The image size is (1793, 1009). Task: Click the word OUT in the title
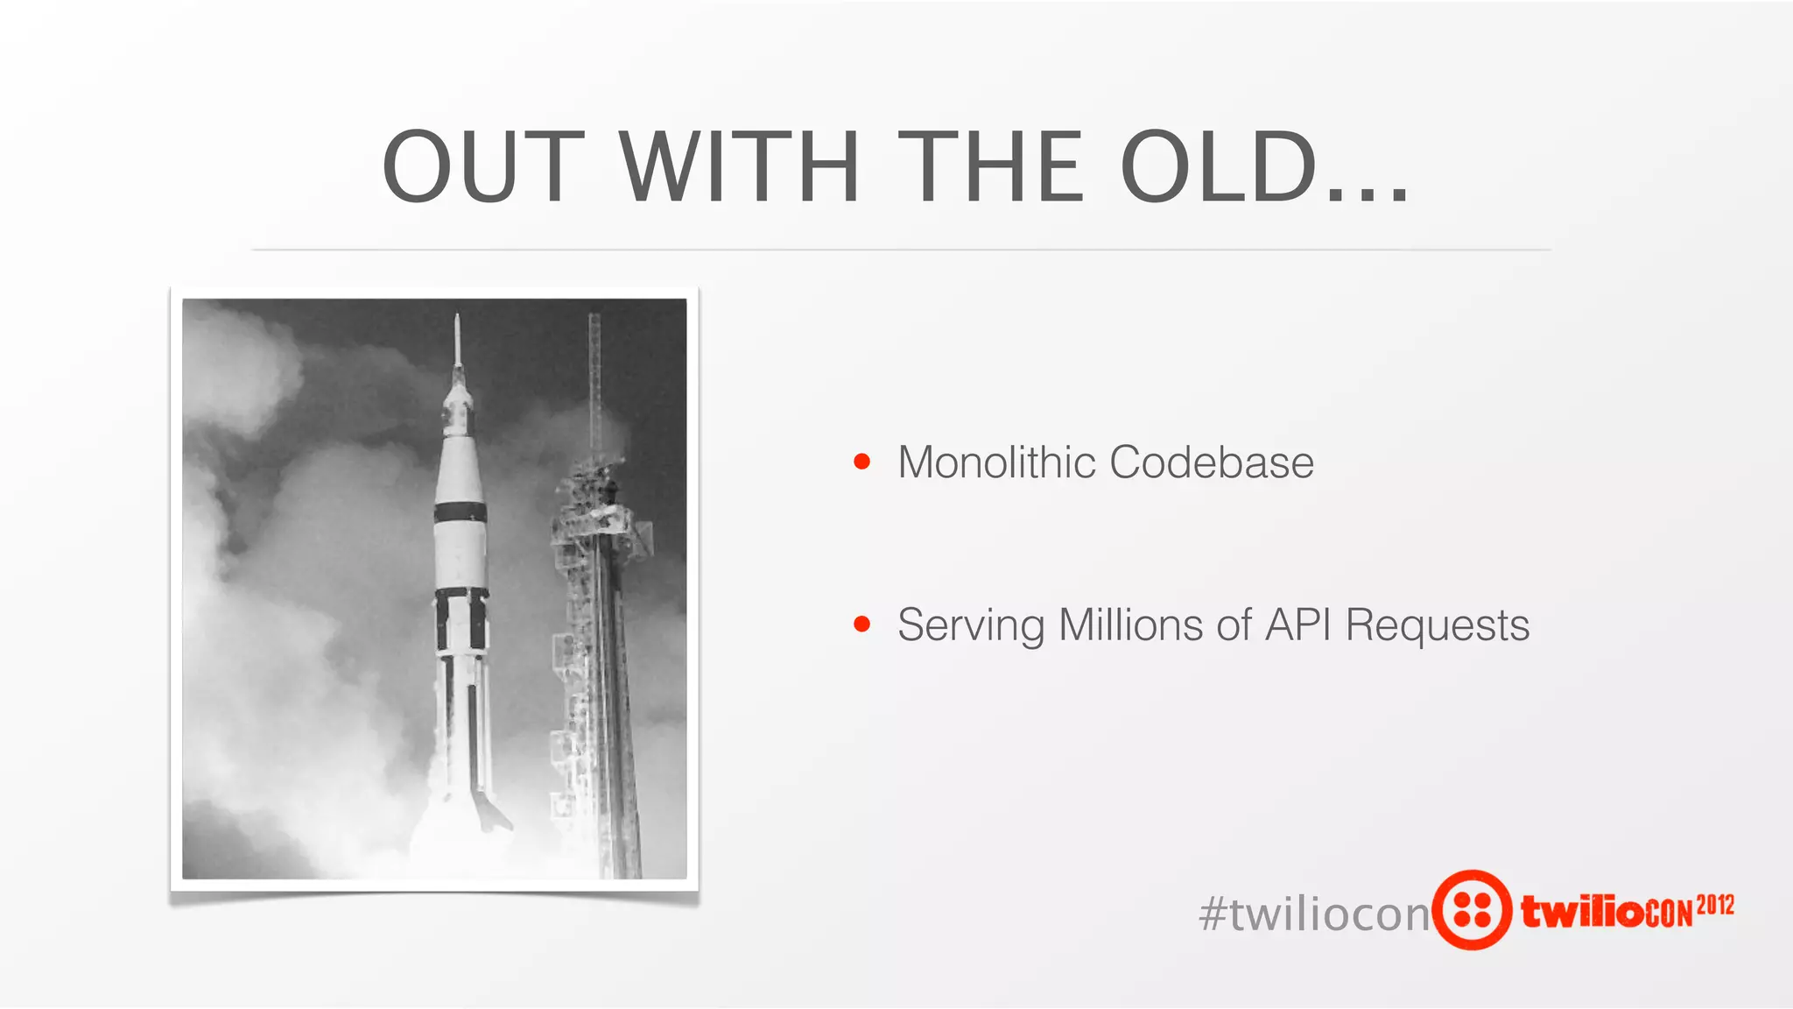point(483,166)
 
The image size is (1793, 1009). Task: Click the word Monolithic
point(996,462)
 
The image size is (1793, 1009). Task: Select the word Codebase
point(1212,462)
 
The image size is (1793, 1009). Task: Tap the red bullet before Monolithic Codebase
point(862,462)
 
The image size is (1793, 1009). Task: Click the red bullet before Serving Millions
point(862,624)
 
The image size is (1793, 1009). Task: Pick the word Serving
point(971,625)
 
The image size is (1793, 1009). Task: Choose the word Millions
point(1130,625)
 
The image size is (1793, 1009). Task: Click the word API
point(1298,625)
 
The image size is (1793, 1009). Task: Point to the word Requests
point(1438,625)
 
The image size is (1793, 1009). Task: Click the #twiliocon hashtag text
point(1313,914)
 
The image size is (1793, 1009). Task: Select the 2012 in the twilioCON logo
point(1715,905)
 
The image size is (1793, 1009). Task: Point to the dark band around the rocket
point(461,512)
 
